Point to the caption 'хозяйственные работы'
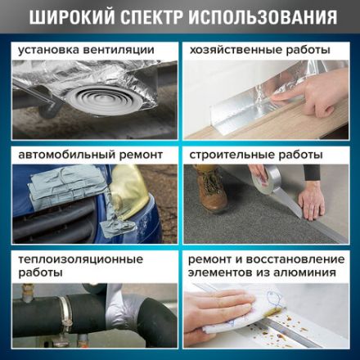click(259, 50)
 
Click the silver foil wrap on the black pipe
click(115, 315)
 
